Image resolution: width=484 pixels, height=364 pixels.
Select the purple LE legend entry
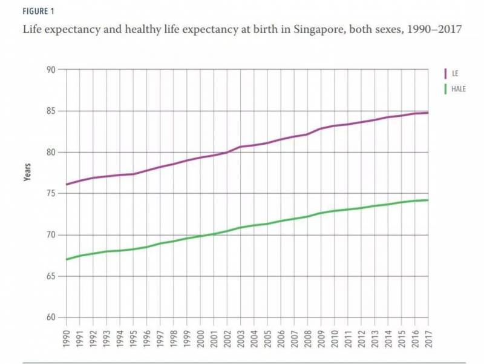454,73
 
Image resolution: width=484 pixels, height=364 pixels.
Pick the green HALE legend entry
457,88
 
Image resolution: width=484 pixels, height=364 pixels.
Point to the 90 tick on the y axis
50,70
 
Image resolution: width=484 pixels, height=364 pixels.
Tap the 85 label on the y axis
50,111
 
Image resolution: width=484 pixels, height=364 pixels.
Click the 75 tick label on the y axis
50,194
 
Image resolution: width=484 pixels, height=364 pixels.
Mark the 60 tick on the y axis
50,318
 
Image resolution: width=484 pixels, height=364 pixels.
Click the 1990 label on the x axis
66,336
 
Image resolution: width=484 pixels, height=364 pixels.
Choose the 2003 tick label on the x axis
240,336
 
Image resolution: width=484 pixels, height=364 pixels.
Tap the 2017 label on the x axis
428,336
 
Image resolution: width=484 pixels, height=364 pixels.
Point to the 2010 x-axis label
335,336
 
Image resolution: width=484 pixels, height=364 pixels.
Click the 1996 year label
146,336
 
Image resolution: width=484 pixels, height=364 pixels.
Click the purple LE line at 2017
428,113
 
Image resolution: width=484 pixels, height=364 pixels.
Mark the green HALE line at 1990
66,259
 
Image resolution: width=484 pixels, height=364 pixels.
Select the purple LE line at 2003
240,147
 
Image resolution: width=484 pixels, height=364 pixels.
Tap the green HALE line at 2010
335,211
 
